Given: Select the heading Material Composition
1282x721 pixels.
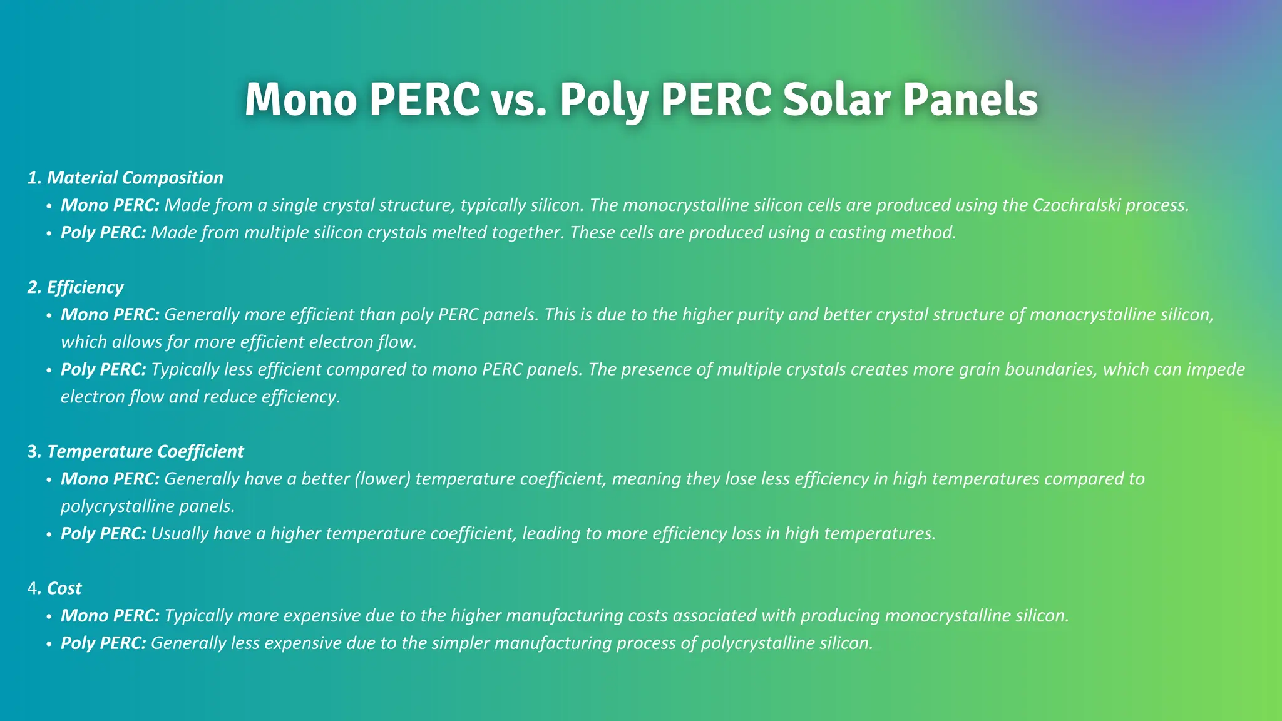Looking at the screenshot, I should click(x=135, y=178).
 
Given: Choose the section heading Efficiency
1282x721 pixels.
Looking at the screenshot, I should click(x=85, y=287).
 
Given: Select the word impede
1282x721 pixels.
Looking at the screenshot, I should click(x=1214, y=369).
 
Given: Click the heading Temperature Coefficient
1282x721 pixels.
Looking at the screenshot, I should click(x=145, y=451).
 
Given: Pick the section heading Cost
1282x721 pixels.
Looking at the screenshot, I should click(x=64, y=588).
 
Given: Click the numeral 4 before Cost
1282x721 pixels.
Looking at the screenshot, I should click(x=32, y=588).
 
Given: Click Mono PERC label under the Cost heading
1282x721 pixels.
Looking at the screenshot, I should click(x=110, y=616).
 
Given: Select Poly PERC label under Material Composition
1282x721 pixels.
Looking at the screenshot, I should click(x=103, y=233).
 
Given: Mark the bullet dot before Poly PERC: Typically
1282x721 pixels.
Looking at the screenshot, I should click(x=49, y=370).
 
